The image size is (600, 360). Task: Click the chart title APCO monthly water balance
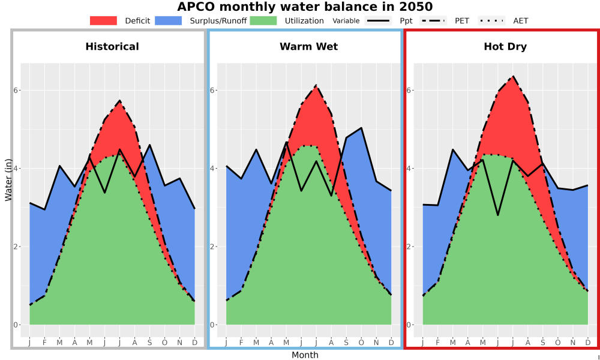pyautogui.click(x=305, y=7)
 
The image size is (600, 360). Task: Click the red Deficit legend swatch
pyautogui.click(x=103, y=20)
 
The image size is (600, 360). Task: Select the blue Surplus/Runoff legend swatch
pyautogui.click(x=169, y=20)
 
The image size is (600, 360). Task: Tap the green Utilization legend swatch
pyautogui.click(x=263, y=20)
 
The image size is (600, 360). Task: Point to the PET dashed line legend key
pyautogui.click(x=433, y=20)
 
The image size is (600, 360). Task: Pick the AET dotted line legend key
pyautogui.click(x=492, y=20)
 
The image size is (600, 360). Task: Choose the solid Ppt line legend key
pyautogui.click(x=378, y=20)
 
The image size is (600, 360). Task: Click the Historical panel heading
pyautogui.click(x=112, y=47)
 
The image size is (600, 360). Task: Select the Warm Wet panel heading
pyautogui.click(x=309, y=47)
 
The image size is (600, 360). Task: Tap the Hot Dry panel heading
pyautogui.click(x=505, y=47)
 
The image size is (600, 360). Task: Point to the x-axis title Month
pyautogui.click(x=305, y=355)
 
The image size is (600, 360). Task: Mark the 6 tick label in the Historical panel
pyautogui.click(x=16, y=90)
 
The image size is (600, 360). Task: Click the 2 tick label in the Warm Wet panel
pyautogui.click(x=213, y=247)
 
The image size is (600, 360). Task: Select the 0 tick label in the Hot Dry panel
pyautogui.click(x=409, y=325)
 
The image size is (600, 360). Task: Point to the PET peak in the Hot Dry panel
pyautogui.click(x=513, y=76)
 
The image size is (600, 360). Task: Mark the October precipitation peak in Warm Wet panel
pyautogui.click(x=361, y=128)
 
